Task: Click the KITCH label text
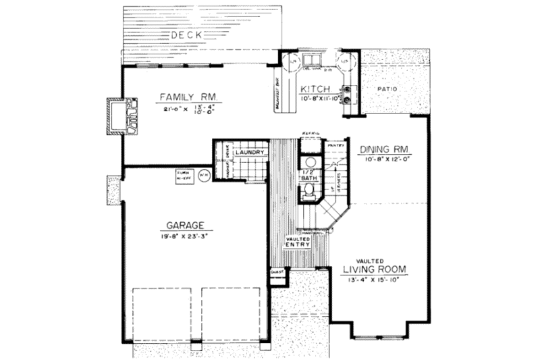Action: click(315, 89)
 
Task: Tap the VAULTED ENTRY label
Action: click(298, 240)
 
